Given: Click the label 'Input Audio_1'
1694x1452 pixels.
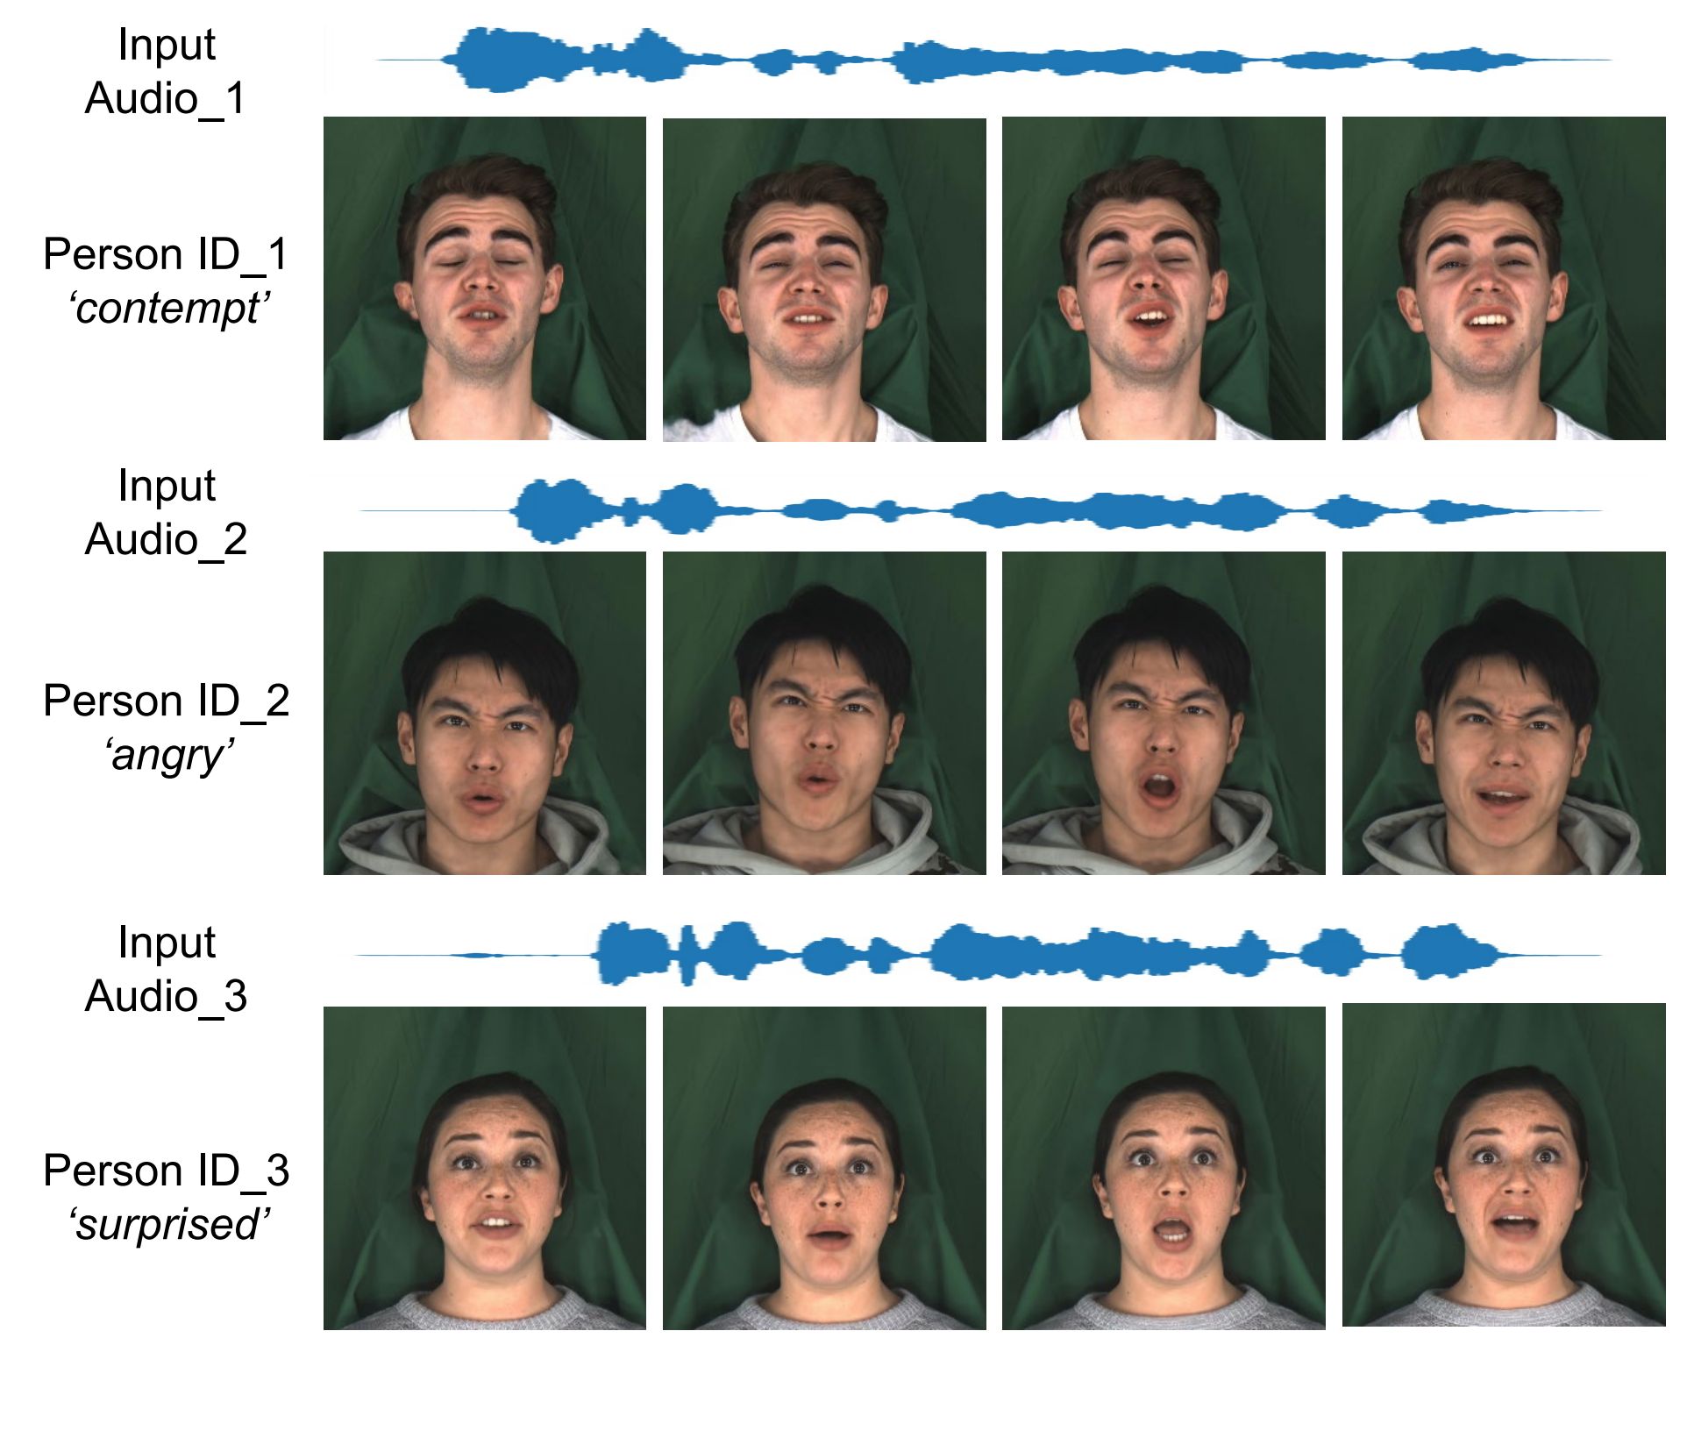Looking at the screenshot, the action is tap(166, 71).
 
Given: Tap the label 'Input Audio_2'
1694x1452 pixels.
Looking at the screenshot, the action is tap(166, 512).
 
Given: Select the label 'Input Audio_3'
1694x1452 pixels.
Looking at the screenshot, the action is tap(166, 969).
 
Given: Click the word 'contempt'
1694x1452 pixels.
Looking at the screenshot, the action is tap(169, 309).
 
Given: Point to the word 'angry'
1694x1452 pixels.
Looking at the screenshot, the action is tap(169, 756).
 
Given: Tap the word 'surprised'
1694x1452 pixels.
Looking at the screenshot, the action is tap(169, 1225).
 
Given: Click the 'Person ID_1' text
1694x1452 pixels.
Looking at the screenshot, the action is tap(166, 254).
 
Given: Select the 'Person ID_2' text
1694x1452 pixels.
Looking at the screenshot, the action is tap(166, 701).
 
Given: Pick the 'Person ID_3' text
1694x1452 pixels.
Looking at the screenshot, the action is tap(166, 1171).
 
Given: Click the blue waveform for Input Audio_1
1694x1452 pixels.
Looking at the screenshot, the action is tap(993, 60).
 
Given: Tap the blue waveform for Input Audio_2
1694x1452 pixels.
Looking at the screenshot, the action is tap(981, 511).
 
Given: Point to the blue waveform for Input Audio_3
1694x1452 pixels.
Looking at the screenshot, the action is tap(979, 954).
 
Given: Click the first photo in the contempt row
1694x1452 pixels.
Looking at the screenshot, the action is tap(485, 278).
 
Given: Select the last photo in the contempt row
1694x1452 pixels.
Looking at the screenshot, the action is tap(1504, 278).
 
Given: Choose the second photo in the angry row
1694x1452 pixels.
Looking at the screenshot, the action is tap(824, 713).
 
